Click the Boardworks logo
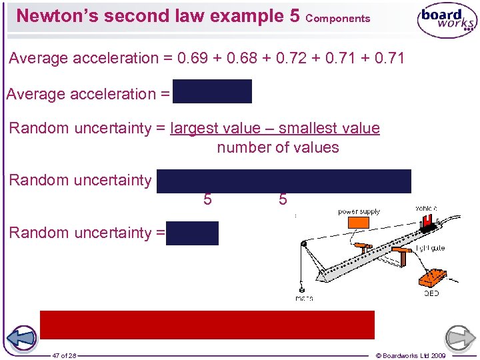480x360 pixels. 447,22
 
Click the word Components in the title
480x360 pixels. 338,19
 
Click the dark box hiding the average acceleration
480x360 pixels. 212,92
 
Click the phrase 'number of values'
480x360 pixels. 278,147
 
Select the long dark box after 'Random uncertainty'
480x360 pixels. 284,181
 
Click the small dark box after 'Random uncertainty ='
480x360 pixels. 192,233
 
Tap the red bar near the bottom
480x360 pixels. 207,325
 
